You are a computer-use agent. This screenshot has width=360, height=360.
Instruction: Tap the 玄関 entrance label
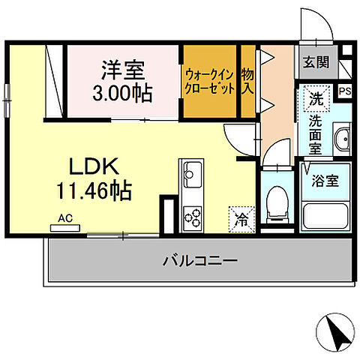point(316,62)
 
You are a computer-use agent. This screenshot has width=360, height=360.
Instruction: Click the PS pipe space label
point(345,91)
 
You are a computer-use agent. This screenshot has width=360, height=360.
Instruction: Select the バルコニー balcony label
point(199,262)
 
